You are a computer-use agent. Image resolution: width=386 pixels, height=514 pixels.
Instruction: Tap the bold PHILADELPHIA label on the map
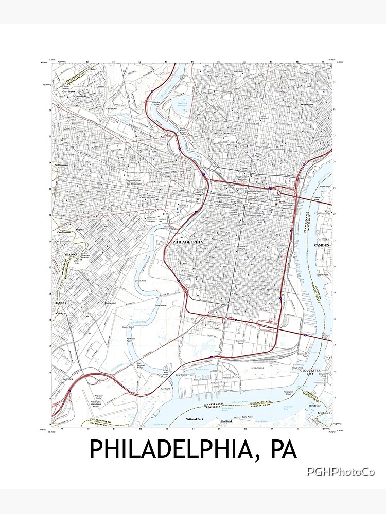(187, 241)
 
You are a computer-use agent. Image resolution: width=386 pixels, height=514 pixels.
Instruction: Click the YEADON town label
(70, 255)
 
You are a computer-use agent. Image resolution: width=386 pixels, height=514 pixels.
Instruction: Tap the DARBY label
(61, 303)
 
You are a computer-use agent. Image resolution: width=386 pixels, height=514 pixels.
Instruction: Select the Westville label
(314, 406)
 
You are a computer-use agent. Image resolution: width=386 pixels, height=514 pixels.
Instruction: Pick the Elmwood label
(110, 303)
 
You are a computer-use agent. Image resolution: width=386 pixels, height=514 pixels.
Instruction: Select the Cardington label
(63, 232)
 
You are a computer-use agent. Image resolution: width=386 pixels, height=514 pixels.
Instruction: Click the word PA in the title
(282, 449)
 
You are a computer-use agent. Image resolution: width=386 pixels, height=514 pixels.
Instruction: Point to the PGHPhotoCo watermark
(341, 472)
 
